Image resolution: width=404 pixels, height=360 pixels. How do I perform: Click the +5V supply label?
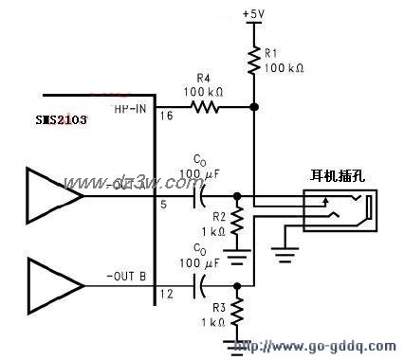pos(253,14)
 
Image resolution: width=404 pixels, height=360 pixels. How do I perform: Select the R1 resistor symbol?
pos(254,62)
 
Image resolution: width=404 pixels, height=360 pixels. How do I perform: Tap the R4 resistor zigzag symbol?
pos(205,108)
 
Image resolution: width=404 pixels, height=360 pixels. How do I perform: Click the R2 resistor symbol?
pos(237,224)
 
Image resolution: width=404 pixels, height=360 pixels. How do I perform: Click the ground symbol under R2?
pos(237,252)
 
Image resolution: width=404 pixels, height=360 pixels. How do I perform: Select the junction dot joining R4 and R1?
pos(254,108)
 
